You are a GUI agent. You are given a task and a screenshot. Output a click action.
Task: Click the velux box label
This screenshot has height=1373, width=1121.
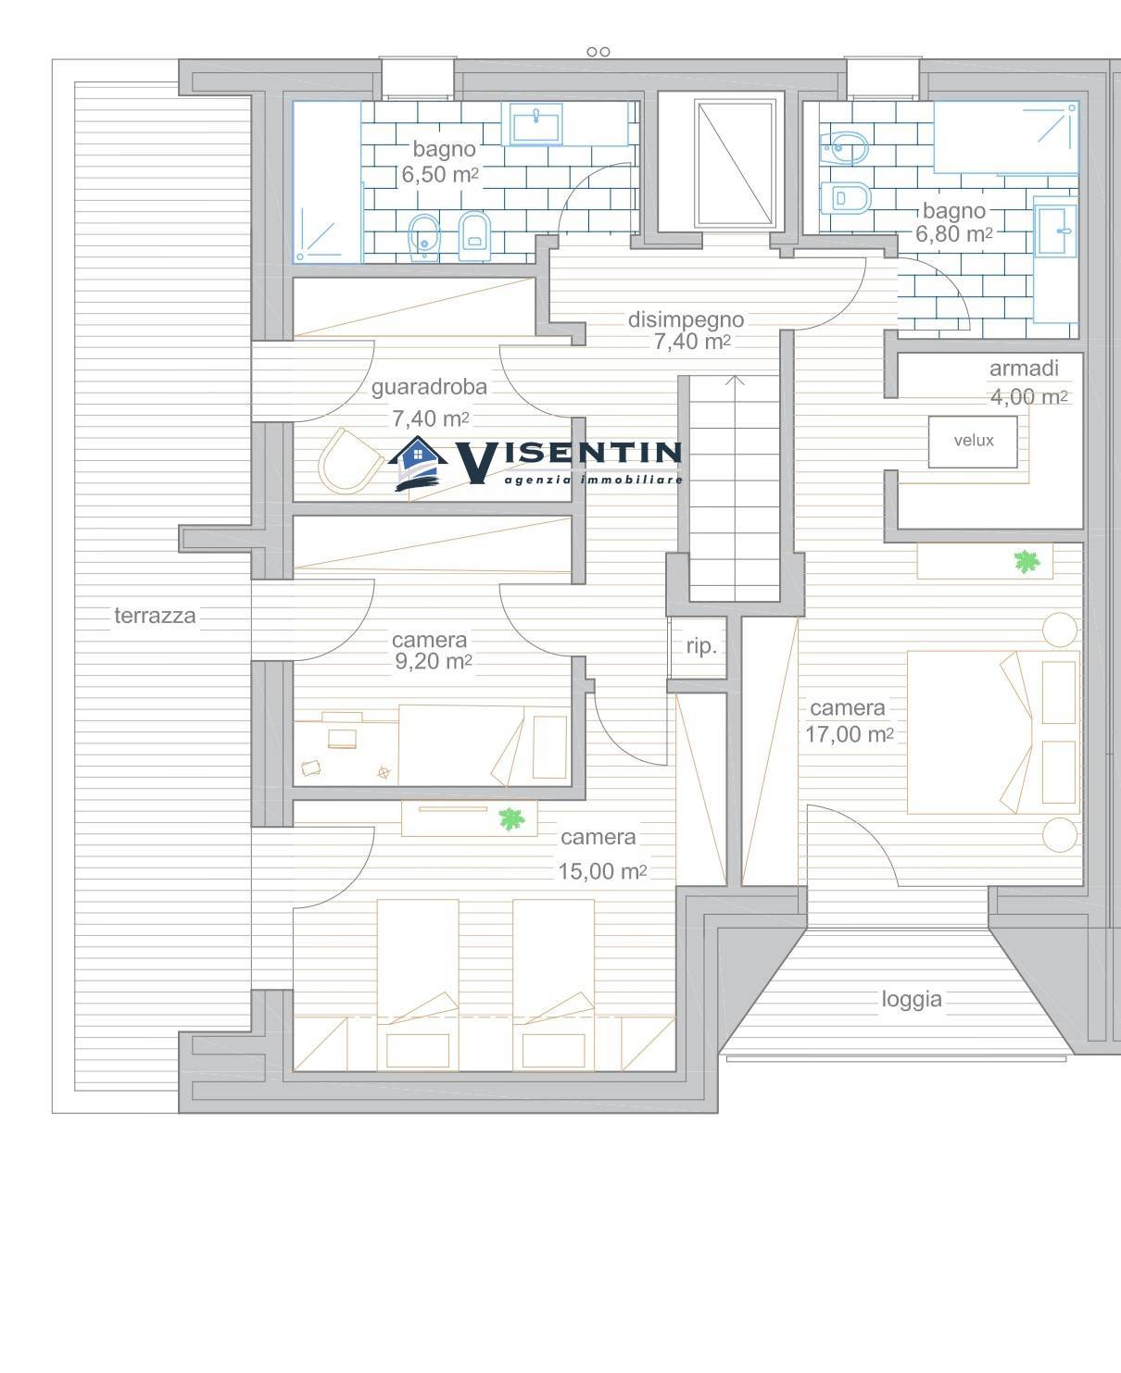[973, 441]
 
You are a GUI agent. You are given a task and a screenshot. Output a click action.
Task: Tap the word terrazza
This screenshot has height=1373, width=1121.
[155, 616]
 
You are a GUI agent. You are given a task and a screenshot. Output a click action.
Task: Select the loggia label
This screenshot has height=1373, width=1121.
[912, 999]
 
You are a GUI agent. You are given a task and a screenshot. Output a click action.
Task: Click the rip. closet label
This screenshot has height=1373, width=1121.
[701, 646]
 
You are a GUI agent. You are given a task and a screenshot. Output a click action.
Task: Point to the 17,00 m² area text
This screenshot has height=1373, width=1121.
[850, 734]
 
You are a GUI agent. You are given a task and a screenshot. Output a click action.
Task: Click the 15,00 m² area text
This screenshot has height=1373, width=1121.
[602, 871]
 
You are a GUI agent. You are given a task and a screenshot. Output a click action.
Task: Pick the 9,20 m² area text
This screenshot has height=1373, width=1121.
[434, 661]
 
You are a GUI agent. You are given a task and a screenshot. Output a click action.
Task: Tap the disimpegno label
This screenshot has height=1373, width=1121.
[686, 319]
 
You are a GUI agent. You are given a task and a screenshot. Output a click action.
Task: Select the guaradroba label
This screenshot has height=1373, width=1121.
[429, 387]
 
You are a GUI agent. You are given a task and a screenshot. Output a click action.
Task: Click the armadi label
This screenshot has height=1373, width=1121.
[1024, 368]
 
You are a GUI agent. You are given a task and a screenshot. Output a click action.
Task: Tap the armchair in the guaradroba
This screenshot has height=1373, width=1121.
[350, 460]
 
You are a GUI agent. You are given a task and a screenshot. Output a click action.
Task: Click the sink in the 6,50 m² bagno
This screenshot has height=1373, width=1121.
[535, 124]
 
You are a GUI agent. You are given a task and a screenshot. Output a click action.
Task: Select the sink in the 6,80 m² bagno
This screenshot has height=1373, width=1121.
[1054, 230]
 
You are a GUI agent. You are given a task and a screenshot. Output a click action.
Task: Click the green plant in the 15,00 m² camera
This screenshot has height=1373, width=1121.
[511, 819]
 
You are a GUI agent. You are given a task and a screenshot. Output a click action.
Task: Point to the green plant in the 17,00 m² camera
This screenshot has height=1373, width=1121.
[1027, 561]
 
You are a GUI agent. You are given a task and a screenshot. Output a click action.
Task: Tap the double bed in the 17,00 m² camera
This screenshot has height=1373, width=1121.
[993, 732]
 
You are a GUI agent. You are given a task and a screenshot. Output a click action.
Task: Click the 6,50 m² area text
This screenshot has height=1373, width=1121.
[440, 174]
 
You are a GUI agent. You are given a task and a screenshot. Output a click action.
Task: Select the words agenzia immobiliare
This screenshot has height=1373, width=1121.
[594, 480]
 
